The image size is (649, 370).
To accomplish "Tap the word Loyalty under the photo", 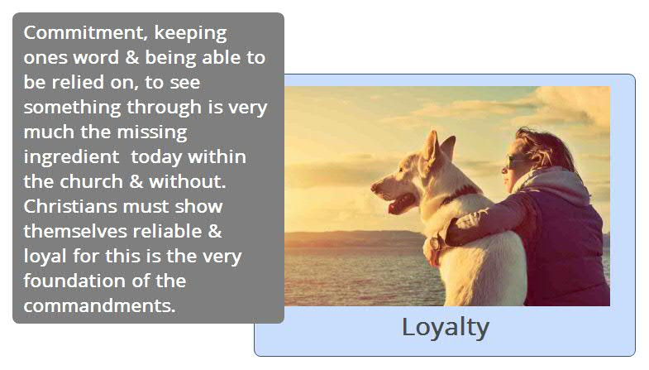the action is tap(446, 328).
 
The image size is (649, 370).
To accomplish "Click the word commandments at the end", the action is tap(99, 305).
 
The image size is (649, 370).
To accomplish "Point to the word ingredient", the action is tap(71, 158).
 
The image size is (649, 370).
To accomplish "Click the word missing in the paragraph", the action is tap(152, 133).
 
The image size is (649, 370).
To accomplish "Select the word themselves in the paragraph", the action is tap(75, 231).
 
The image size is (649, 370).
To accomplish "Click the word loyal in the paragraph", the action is tap(45, 257).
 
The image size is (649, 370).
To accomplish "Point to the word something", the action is tap(72, 108).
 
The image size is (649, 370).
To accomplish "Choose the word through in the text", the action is tap(165, 108).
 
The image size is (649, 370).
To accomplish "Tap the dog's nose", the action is tap(374, 187).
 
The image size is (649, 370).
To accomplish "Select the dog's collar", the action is tap(460, 194).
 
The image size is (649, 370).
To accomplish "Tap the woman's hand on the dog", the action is tap(432, 252).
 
